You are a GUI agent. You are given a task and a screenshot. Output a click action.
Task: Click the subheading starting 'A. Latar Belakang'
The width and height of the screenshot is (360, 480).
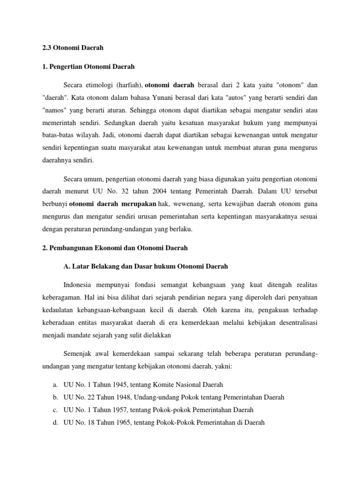145,266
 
